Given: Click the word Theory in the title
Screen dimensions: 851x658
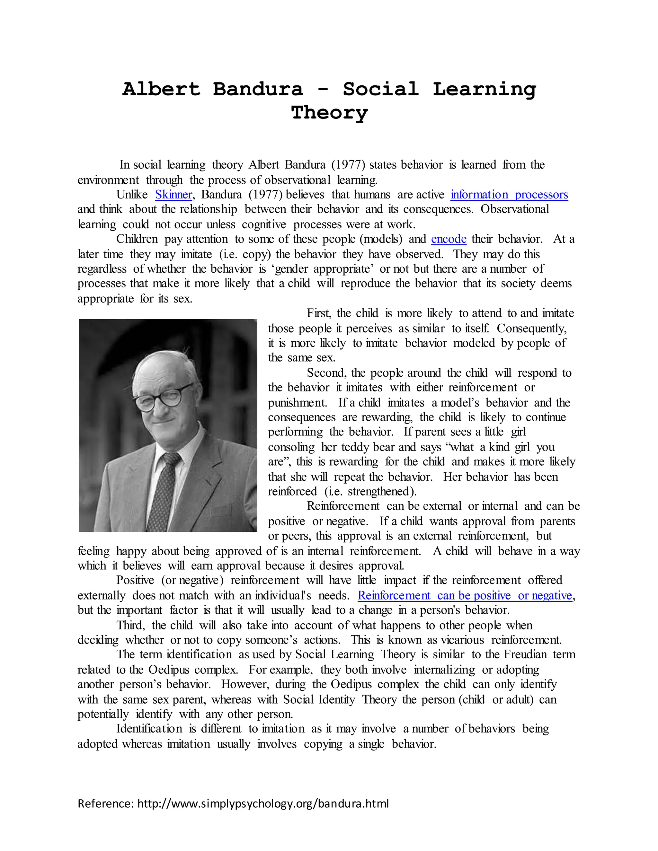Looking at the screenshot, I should tap(329, 113).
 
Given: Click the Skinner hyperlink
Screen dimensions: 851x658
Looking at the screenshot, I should tap(173, 194).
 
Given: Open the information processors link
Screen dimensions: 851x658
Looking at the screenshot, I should tap(509, 194).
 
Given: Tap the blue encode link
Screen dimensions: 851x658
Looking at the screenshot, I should tap(448, 239).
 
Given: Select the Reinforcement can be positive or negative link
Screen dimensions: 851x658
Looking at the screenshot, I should tap(465, 595).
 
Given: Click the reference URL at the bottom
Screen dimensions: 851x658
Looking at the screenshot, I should tap(263, 803).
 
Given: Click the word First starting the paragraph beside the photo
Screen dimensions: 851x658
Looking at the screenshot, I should tap(318, 313).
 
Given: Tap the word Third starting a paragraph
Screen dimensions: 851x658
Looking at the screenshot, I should tap(130, 625).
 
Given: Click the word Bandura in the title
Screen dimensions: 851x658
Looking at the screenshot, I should tap(258, 89).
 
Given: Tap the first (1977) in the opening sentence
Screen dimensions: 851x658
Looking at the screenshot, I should tap(348, 165).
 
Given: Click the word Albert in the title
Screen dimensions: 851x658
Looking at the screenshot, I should tap(161, 89).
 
